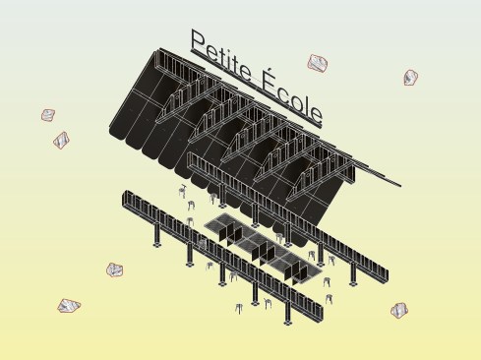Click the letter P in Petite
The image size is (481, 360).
point(200,41)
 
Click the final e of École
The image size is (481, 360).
point(316,114)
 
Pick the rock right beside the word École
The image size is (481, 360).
point(318,63)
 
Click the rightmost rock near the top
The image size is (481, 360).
point(410,78)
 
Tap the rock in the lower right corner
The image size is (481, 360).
point(399,310)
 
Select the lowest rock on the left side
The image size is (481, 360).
point(69,306)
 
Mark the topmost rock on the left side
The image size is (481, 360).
point(48,115)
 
